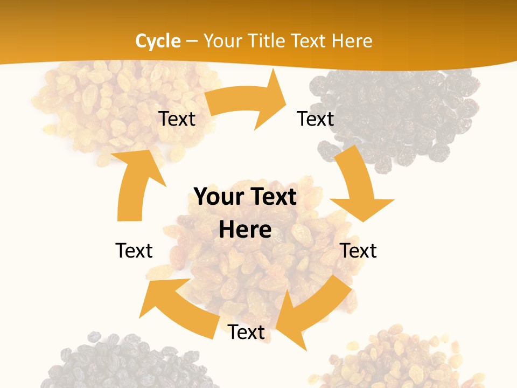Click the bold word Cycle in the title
point(157,41)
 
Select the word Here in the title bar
point(352,41)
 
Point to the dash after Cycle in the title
point(192,41)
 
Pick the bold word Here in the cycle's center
point(245,230)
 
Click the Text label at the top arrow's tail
point(177,119)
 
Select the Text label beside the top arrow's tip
point(316,119)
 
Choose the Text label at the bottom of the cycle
point(246,332)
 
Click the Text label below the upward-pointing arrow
point(134,250)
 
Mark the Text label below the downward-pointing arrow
point(359,250)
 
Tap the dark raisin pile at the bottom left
point(118,361)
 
